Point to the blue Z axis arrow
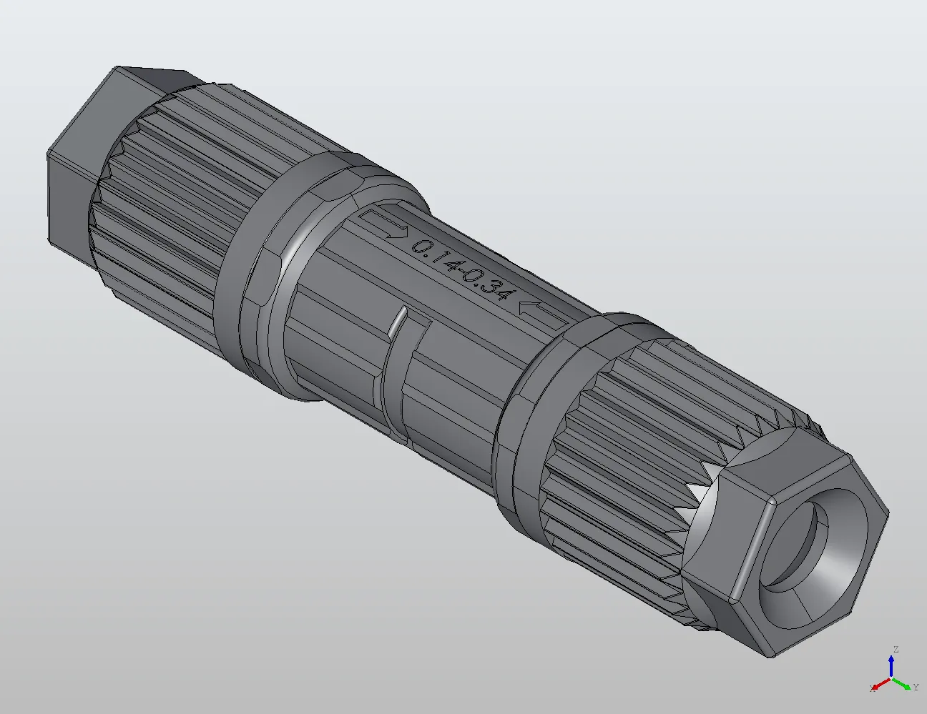click(x=892, y=665)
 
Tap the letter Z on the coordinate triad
click(x=894, y=650)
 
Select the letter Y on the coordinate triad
click(x=916, y=688)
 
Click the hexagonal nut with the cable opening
click(x=787, y=543)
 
